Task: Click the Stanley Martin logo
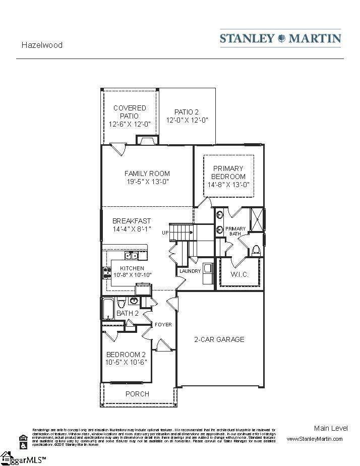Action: click(x=280, y=38)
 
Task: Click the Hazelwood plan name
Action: click(x=42, y=45)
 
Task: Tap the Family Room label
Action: click(x=147, y=173)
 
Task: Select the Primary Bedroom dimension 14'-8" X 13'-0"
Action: click(x=228, y=185)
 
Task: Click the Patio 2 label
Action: click(x=187, y=112)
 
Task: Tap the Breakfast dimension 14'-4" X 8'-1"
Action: click(x=132, y=229)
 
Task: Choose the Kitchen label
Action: click(x=132, y=268)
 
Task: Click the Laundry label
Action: click(x=190, y=271)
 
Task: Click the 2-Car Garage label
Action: click(x=219, y=339)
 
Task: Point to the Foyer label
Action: click(x=163, y=324)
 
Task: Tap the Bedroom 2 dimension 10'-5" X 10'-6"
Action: click(x=127, y=362)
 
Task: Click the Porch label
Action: click(x=137, y=394)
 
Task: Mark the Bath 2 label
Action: click(x=127, y=313)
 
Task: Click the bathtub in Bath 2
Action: click(x=108, y=309)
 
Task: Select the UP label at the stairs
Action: click(x=165, y=233)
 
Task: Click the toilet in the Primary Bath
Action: click(x=256, y=250)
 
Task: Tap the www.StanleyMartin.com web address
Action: click(x=314, y=439)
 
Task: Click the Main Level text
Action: click(x=330, y=428)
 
